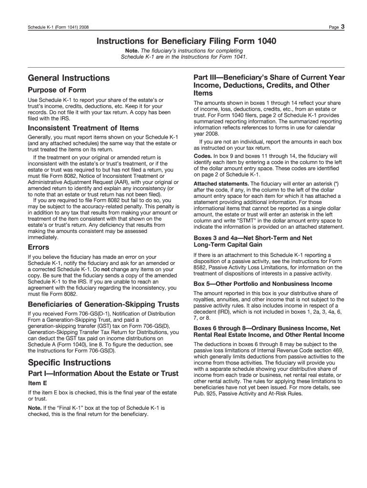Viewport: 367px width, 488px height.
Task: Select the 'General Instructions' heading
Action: (x=69, y=78)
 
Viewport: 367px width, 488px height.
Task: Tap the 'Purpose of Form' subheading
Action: (x=57, y=90)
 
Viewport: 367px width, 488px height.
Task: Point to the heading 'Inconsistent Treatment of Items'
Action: (x=83, y=128)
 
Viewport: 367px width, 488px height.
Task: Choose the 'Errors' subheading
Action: (x=39, y=247)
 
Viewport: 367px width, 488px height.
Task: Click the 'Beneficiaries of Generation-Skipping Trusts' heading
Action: (x=103, y=304)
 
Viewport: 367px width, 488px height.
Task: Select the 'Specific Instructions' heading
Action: (x=69, y=362)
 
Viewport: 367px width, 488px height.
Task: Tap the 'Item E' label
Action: (x=38, y=383)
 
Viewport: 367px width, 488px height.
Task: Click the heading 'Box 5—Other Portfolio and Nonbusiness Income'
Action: (x=263, y=284)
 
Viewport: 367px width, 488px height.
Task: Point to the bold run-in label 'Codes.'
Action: (x=203, y=156)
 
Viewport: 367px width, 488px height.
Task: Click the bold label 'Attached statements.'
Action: (x=221, y=183)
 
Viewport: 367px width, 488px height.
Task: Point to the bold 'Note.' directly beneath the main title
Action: (x=132, y=51)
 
